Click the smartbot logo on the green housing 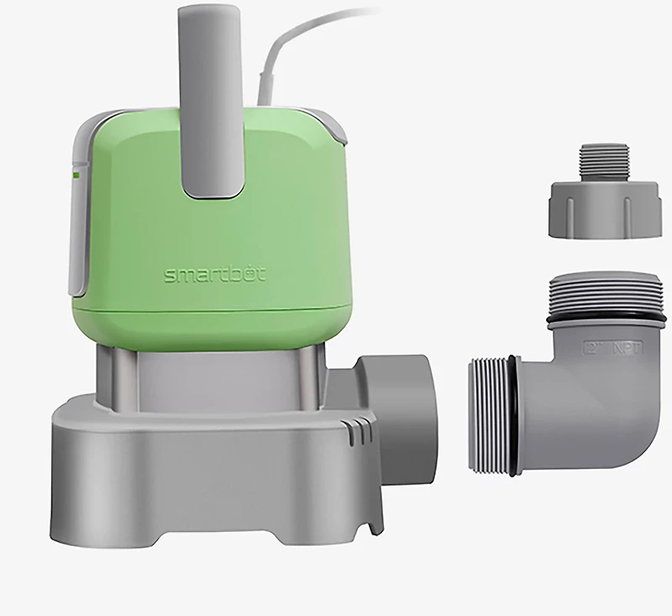tap(206, 276)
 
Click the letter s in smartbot tap(169, 276)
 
